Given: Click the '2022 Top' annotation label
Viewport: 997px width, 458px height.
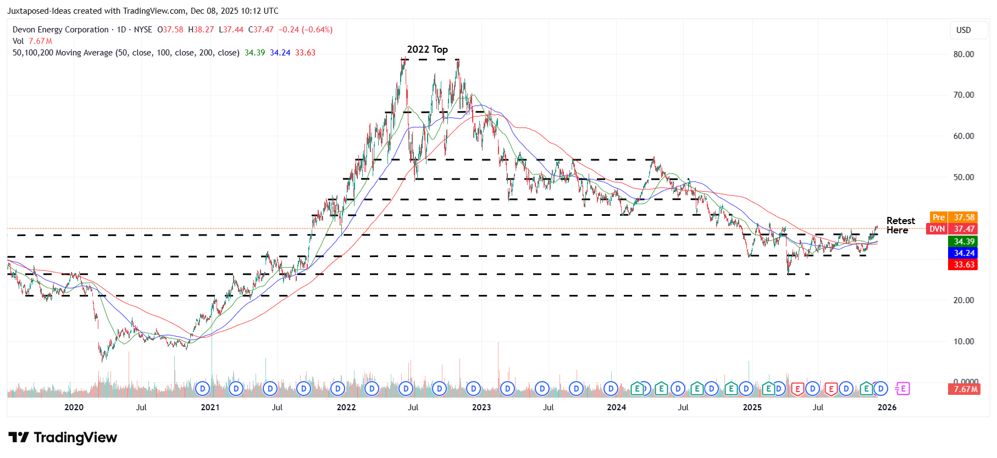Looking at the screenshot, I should click(427, 49).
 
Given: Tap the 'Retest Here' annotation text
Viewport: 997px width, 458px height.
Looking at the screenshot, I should click(900, 225).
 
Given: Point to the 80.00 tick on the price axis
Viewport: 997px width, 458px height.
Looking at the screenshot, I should click(963, 54).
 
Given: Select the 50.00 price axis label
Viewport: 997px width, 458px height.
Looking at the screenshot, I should click(963, 177).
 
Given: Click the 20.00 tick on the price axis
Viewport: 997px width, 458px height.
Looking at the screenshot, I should click(963, 300).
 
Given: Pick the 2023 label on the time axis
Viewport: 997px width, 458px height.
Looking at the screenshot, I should click(481, 407).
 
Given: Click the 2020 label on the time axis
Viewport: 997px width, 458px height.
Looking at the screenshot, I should click(74, 407).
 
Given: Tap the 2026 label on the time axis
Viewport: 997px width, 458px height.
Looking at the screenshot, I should click(887, 407).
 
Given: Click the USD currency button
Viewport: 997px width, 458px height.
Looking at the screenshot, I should click(963, 30).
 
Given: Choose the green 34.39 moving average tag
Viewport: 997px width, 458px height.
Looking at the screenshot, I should click(963, 242).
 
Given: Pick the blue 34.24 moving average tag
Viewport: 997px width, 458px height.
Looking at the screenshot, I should click(963, 253).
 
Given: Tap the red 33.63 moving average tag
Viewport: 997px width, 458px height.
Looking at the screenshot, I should click(963, 265).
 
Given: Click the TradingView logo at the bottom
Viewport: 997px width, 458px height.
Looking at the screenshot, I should click(63, 438).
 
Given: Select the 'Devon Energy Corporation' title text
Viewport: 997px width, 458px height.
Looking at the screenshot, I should click(60, 30).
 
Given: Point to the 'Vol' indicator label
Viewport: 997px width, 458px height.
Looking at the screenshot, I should click(18, 41).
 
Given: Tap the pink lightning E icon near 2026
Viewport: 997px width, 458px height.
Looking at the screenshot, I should click(902, 389).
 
